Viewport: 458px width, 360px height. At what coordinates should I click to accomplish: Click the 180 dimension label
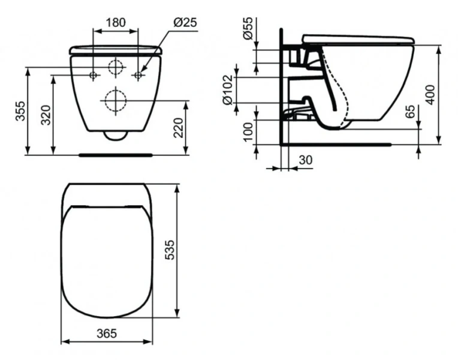point(116,22)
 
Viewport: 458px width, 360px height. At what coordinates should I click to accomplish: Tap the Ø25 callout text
point(185,22)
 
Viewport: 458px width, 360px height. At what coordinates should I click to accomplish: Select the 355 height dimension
point(20,111)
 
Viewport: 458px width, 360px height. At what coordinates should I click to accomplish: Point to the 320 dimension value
point(46,115)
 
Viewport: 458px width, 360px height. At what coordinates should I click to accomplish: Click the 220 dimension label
point(178,128)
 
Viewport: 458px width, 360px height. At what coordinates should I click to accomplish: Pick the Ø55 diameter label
point(248,28)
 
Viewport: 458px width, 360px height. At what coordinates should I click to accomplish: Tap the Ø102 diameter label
point(228,90)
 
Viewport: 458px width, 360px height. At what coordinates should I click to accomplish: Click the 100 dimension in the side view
point(248,132)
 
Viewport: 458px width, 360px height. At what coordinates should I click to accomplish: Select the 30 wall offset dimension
point(306,160)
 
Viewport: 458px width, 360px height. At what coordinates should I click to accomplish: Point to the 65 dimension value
point(411,111)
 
